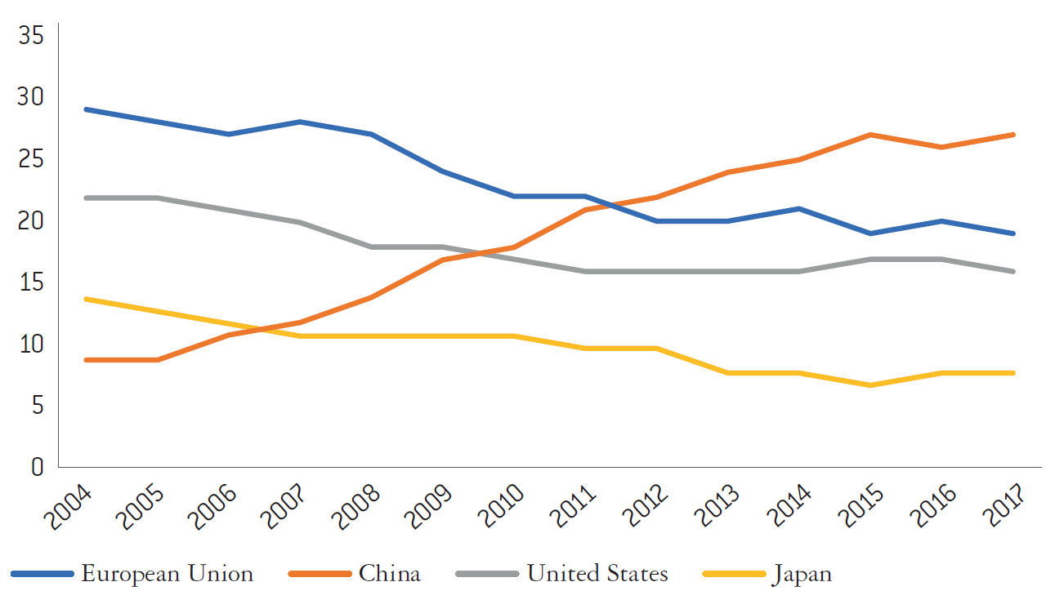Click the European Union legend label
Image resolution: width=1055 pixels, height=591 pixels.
pyautogui.click(x=167, y=573)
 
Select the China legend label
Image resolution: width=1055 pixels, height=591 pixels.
pyautogui.click(x=389, y=573)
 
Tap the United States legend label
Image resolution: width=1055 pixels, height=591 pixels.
pyautogui.click(x=597, y=573)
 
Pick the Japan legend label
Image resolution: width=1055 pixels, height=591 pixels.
pyautogui.click(x=802, y=573)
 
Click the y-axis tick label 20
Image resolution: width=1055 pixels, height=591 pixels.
pyautogui.click(x=31, y=221)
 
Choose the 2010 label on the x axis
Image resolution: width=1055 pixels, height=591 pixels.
pyautogui.click(x=499, y=505)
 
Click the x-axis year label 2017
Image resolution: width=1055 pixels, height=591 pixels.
pyautogui.click(x=998, y=505)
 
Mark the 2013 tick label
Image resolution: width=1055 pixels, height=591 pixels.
pyautogui.click(x=713, y=505)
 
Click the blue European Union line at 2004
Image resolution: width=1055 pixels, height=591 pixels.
pyautogui.click(x=86, y=109)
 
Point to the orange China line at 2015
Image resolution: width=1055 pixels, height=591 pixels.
pyautogui.click(x=871, y=135)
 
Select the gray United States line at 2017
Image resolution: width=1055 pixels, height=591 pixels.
pyautogui.click(x=1014, y=271)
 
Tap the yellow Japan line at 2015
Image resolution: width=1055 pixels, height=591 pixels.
pyautogui.click(x=871, y=385)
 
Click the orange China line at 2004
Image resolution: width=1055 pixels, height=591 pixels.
pyautogui.click(x=86, y=360)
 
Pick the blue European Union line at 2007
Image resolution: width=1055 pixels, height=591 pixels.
pyautogui.click(x=301, y=122)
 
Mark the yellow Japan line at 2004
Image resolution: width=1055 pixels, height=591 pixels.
pyautogui.click(x=86, y=299)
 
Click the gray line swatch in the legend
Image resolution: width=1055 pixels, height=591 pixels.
pyautogui.click(x=488, y=574)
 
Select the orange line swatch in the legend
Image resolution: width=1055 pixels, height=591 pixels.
pyautogui.click(x=320, y=574)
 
